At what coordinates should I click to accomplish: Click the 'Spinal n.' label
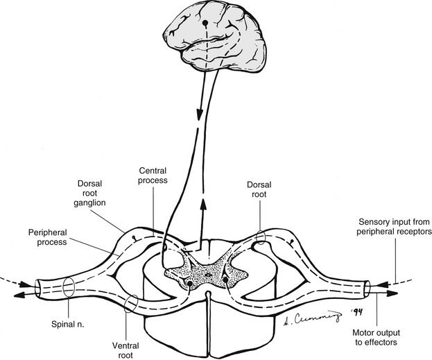coord(66,324)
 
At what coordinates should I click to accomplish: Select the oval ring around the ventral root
coord(129,304)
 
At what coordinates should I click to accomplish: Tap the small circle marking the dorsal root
coord(261,237)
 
